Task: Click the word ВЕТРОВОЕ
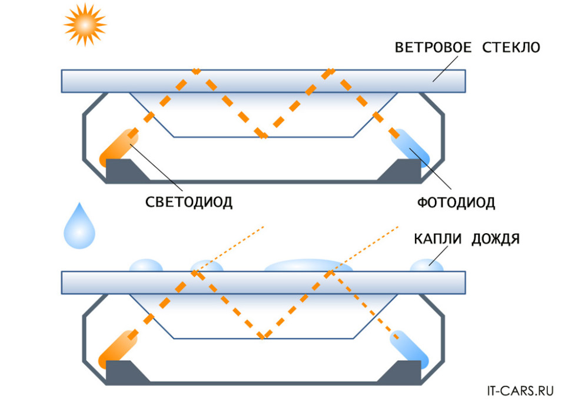click(433, 47)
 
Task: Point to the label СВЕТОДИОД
click(189, 203)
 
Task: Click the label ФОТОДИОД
click(456, 203)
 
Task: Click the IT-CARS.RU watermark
click(520, 389)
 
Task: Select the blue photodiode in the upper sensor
click(412, 147)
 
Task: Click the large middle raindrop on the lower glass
click(310, 266)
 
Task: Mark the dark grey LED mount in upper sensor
click(125, 170)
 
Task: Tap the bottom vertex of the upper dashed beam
click(264, 136)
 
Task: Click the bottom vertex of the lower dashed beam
click(264, 337)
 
